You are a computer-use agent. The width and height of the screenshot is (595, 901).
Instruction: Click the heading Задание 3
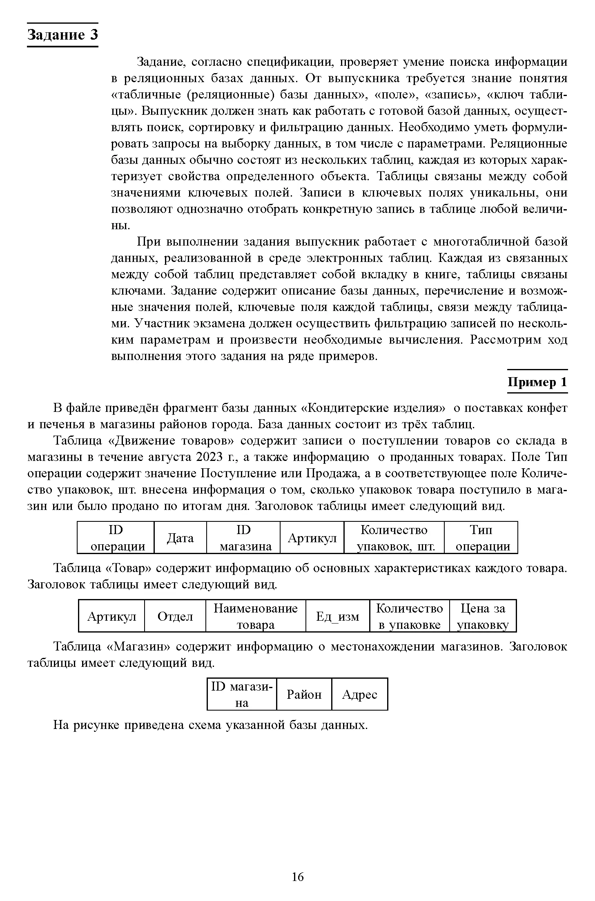(x=62, y=35)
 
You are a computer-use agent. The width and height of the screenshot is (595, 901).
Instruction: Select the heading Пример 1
(x=537, y=382)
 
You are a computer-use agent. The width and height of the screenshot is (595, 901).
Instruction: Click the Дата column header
(x=180, y=538)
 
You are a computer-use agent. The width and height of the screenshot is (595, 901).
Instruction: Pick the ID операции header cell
(x=116, y=538)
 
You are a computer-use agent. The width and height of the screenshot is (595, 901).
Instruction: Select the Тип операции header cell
(x=481, y=538)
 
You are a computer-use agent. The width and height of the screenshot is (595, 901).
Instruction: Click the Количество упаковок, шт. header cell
(x=394, y=538)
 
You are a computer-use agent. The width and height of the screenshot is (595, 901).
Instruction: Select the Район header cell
(x=304, y=695)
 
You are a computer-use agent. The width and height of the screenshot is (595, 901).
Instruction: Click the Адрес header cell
(x=359, y=695)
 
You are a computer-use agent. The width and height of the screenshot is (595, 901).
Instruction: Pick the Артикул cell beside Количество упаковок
(x=312, y=538)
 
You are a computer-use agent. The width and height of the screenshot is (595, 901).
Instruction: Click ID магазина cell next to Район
(x=242, y=695)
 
